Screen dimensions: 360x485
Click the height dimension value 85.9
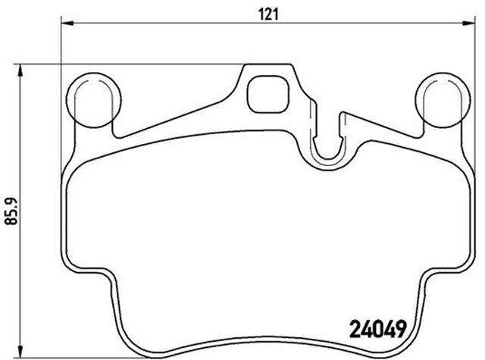tap(10, 210)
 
